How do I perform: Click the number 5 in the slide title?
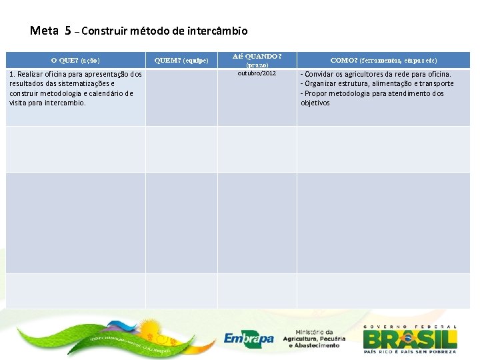[x=68, y=30]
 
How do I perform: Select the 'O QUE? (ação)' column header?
[x=75, y=60]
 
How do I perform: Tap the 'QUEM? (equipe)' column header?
[x=181, y=60]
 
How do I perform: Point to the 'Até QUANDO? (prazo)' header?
[x=257, y=61]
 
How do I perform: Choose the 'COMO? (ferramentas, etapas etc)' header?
[x=383, y=60]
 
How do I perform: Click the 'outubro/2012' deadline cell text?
[x=257, y=73]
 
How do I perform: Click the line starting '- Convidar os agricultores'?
[x=376, y=74]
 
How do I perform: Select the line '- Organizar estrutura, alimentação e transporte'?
[x=377, y=83]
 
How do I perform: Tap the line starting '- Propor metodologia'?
[x=372, y=93]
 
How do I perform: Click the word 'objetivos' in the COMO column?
[x=315, y=103]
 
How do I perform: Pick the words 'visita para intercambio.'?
[x=48, y=103]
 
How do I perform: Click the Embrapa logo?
[x=249, y=339]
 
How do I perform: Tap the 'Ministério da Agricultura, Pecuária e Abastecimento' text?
[x=313, y=339]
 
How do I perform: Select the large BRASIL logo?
[x=410, y=337]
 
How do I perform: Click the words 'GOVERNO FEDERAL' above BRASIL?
[x=410, y=326]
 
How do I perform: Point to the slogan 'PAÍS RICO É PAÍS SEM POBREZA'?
[x=410, y=351]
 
